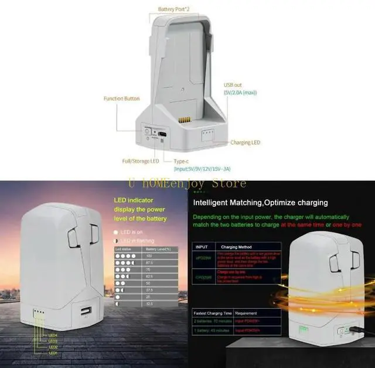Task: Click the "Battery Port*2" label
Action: [x=175, y=9]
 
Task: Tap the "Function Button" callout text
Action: [x=121, y=98]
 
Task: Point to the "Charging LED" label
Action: [x=246, y=142]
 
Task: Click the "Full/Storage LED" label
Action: [x=141, y=161]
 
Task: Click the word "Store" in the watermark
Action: [x=228, y=183]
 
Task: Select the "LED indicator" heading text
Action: [x=132, y=200]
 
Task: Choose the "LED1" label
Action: [x=53, y=353]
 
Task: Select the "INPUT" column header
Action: [x=201, y=247]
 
